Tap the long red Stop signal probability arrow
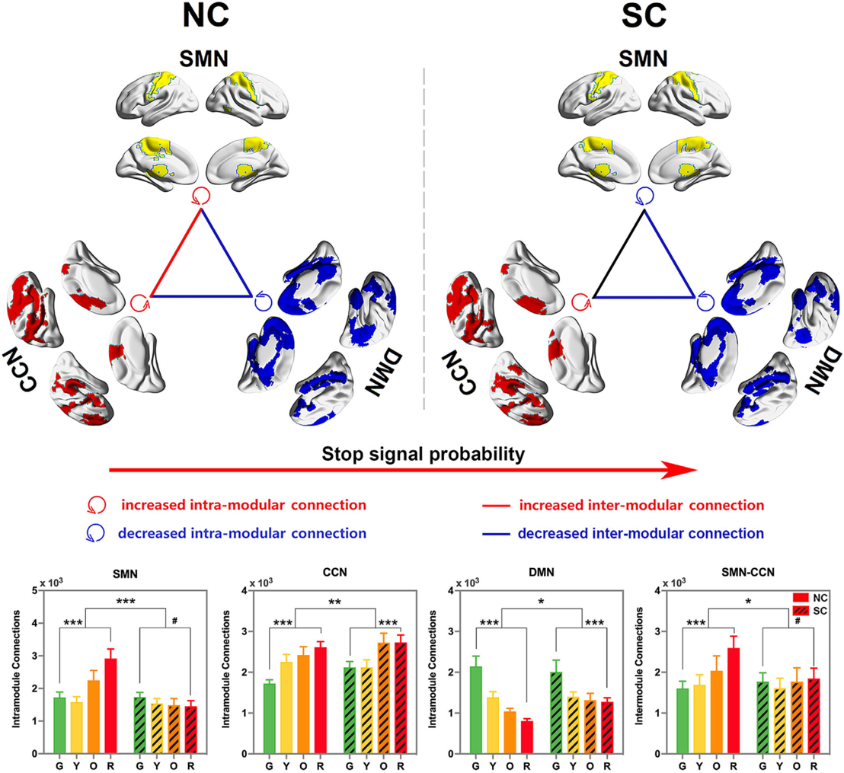404,473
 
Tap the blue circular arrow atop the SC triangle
644,196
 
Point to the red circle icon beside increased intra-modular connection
98,506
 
